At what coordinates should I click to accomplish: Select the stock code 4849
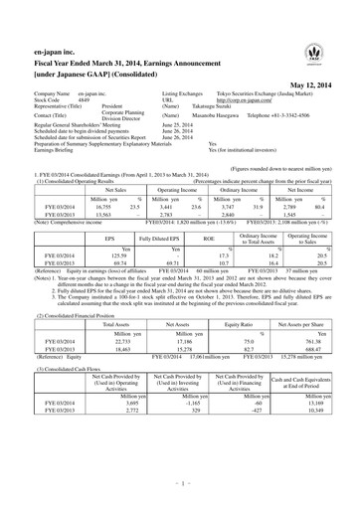88,100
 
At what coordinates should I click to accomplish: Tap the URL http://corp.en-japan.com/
219,100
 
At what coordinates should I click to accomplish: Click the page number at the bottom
179,486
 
